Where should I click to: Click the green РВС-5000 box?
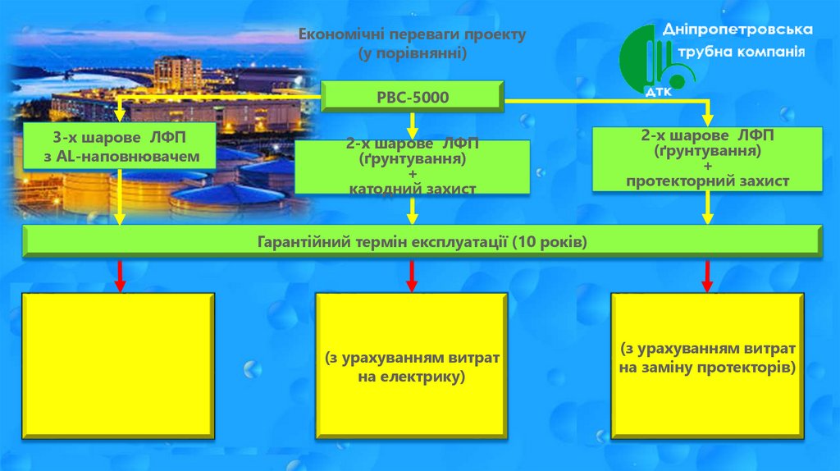(x=412, y=97)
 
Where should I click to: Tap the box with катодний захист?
(x=412, y=167)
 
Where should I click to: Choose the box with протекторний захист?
(x=707, y=159)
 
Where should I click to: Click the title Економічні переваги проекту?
(x=412, y=35)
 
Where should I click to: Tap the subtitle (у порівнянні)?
(x=412, y=53)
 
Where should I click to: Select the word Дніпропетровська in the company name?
(x=737, y=30)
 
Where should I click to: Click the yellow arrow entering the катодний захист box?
(x=413, y=126)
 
